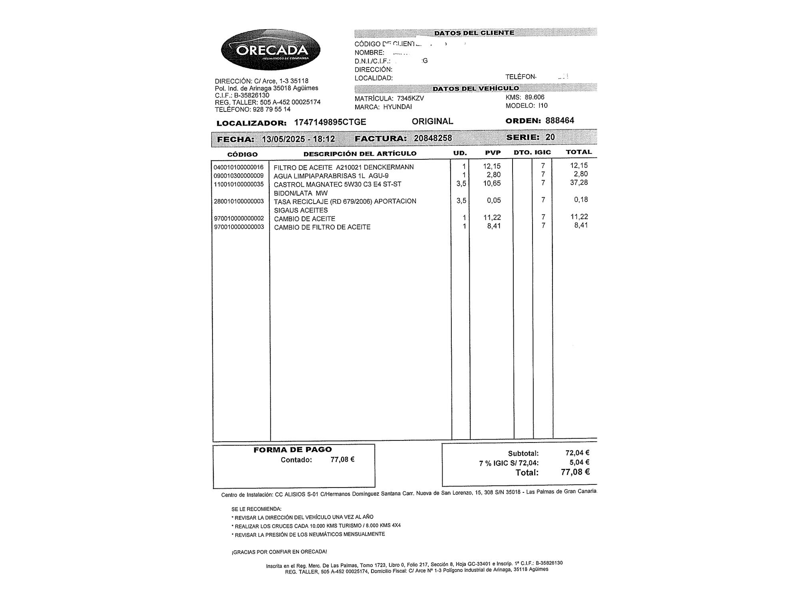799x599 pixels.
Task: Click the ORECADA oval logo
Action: [x=270, y=50]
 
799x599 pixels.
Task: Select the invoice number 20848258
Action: [x=433, y=138]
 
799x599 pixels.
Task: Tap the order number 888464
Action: [x=560, y=121]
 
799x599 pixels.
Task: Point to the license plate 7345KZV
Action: [x=410, y=98]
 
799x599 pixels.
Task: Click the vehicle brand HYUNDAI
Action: [x=398, y=107]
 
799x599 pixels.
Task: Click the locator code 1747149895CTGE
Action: [x=330, y=122]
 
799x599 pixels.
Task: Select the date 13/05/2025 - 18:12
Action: [x=298, y=139]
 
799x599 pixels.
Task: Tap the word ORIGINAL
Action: [x=432, y=121]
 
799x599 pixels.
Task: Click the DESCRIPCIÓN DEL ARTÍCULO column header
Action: [x=360, y=154]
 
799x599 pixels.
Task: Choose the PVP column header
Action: [x=493, y=153]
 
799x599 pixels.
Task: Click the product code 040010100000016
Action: [x=239, y=167]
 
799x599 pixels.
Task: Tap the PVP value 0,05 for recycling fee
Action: [x=494, y=200]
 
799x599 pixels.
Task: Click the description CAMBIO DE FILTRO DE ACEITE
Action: [x=322, y=227]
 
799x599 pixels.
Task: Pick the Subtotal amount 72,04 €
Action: [x=577, y=453]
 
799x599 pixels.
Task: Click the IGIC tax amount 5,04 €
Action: [x=579, y=462]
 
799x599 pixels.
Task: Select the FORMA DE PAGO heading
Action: [x=292, y=450]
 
